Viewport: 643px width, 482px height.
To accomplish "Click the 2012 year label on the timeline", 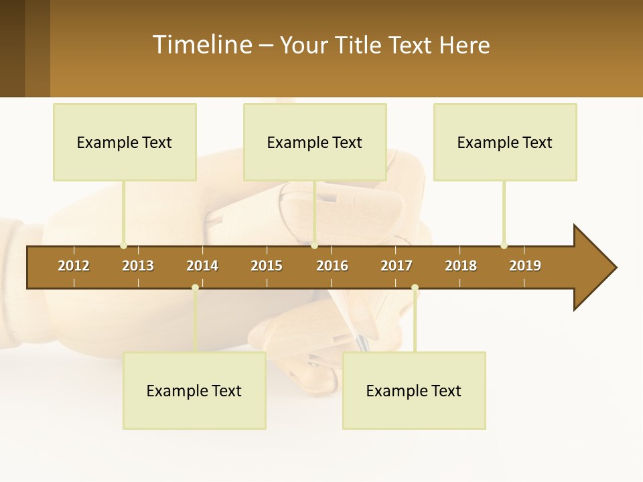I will click(74, 266).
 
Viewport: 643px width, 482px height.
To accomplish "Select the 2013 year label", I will click(138, 266).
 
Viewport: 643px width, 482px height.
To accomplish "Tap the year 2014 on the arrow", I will click(202, 266).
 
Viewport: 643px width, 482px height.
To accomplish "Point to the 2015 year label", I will click(267, 266).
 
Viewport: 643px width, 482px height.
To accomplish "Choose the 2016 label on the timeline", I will click(332, 266).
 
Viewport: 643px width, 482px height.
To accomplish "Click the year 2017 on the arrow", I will click(397, 266).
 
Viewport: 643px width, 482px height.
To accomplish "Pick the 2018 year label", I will click(461, 266).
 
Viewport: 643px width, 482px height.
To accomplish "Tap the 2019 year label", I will click(525, 266).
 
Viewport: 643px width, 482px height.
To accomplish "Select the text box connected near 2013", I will click(125, 142).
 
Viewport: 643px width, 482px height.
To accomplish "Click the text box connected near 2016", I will click(315, 142).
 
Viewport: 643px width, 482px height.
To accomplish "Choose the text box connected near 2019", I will click(505, 142).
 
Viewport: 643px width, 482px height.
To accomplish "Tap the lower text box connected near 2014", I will click(194, 390).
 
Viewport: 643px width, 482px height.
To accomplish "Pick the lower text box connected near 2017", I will click(414, 390).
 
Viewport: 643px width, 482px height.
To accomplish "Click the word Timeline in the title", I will click(201, 45).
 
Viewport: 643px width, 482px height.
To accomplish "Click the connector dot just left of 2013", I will click(123, 245).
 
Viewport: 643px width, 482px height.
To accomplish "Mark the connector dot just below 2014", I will click(195, 288).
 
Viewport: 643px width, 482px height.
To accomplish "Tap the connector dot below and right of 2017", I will click(415, 288).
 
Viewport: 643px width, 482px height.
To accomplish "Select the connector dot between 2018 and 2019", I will click(504, 245).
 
